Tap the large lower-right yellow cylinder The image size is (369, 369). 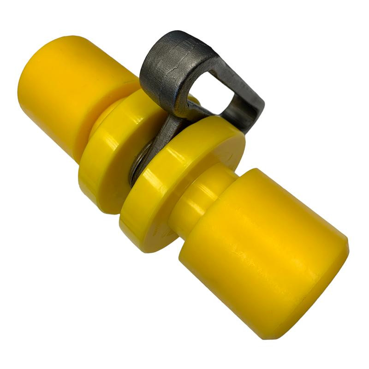[263, 249]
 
